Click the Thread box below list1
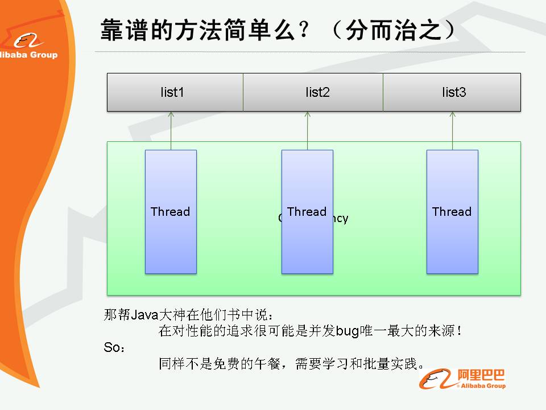tap(171, 212)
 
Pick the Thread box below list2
tap(307, 212)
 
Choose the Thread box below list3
tap(452, 212)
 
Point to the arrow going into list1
tap(171, 130)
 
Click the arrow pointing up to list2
tap(307, 130)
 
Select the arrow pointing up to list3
tap(453, 130)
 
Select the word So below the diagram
tap(112, 347)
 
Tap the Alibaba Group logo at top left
tap(28, 46)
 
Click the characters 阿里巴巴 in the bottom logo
tap(481, 375)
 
